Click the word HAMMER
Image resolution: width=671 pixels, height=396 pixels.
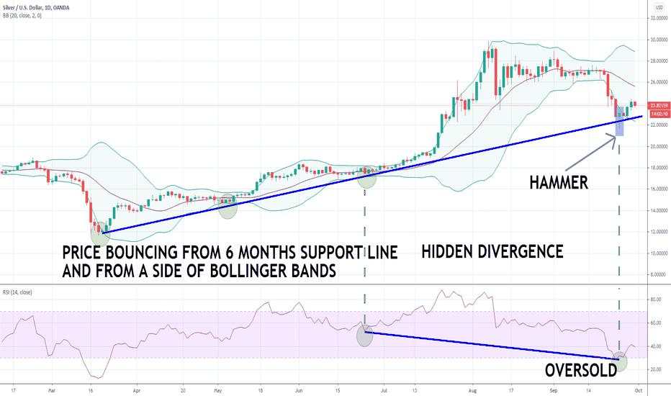(559, 183)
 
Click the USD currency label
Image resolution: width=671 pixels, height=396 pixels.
(657, 7)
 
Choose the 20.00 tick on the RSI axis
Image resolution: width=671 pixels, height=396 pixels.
(654, 369)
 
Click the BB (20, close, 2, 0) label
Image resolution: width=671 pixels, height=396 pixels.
(22, 15)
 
